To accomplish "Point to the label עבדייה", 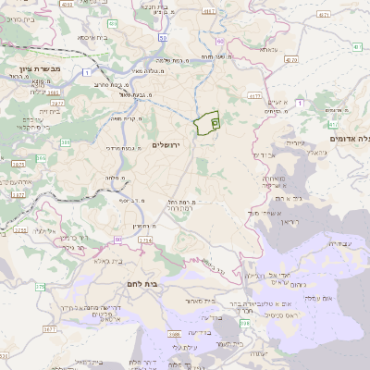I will pyautogui.click(x=341, y=242).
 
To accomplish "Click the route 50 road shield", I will pyautogui.click(x=163, y=38).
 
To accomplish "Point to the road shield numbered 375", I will pyautogui.click(x=41, y=287).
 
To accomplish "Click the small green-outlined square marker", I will pyautogui.click(x=215, y=121).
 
